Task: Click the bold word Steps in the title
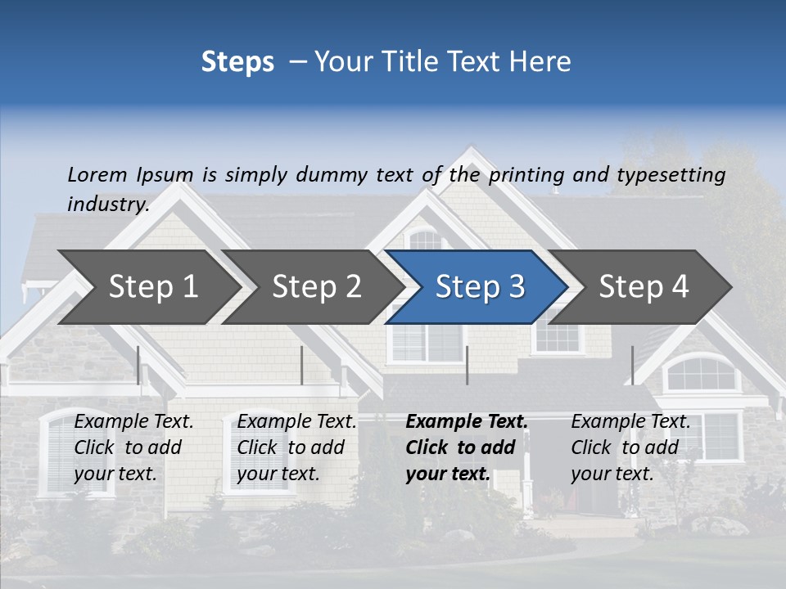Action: click(237, 62)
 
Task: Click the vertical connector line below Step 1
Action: click(138, 365)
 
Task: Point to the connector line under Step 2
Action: click(302, 365)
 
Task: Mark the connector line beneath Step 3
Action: click(468, 365)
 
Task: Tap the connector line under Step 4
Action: click(632, 365)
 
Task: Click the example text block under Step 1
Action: click(133, 447)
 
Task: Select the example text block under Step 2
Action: click(296, 447)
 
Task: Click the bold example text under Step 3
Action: click(465, 447)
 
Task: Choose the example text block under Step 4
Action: click(630, 447)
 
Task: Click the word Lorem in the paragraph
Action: click(97, 175)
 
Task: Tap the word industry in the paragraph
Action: click(107, 204)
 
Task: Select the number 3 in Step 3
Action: click(516, 287)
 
